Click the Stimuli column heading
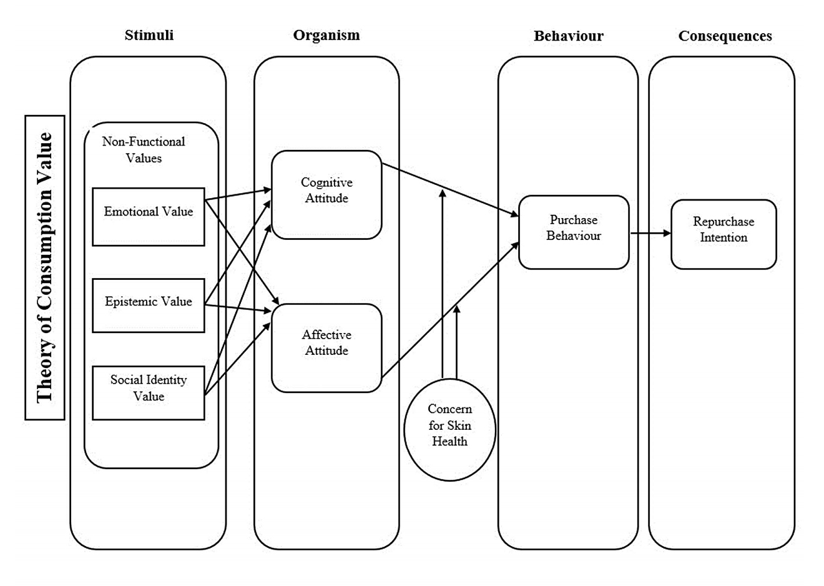(149, 35)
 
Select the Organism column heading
(326, 35)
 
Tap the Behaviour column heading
(568, 36)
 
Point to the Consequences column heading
(725, 36)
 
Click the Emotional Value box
(149, 216)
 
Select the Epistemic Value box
(149, 305)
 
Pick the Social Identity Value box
(149, 392)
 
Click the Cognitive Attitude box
(326, 194)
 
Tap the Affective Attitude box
(326, 347)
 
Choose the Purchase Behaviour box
(574, 232)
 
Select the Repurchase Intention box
(723, 234)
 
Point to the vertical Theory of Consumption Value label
(45, 267)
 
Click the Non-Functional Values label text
(144, 150)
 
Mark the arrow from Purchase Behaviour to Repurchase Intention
(650, 233)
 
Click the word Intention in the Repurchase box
(723, 237)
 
